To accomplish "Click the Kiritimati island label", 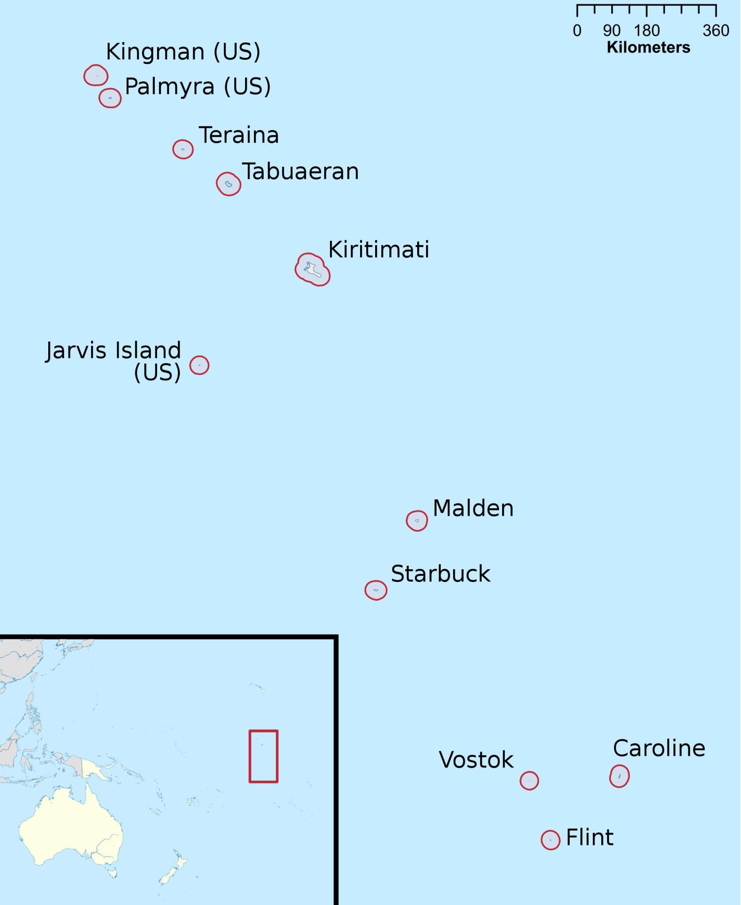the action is click(379, 249).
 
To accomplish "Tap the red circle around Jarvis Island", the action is click(199, 365).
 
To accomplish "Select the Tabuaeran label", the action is click(300, 172).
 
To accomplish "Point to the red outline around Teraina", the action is click(183, 150).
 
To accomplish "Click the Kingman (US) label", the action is click(183, 52).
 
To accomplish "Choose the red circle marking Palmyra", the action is click(110, 98).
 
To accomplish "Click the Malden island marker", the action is click(417, 521).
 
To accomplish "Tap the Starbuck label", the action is click(441, 574).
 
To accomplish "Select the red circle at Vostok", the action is click(529, 781).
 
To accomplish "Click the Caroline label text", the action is click(659, 748).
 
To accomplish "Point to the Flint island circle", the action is click(550, 840).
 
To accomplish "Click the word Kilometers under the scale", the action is click(648, 47).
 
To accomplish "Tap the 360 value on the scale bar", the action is click(715, 31).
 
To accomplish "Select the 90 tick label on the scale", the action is click(611, 31).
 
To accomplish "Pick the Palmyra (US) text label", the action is click(198, 87).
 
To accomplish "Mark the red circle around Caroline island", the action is click(619, 776).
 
